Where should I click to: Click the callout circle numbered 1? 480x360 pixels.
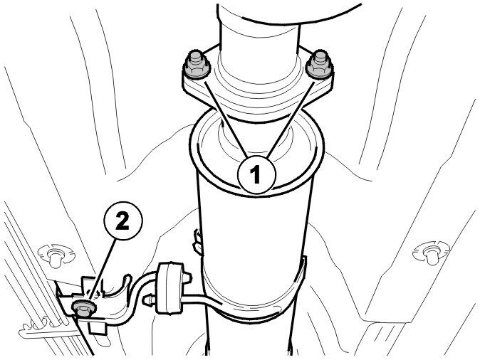pyautogui.click(x=257, y=175)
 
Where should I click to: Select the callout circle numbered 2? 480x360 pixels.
pyautogui.click(x=123, y=221)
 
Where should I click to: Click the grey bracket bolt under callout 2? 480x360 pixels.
pyautogui.click(x=83, y=307)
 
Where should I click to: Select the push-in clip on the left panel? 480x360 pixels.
pyautogui.click(x=56, y=255)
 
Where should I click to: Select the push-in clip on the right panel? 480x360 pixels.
pyautogui.click(x=431, y=253)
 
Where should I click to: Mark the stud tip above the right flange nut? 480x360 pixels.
pyautogui.click(x=320, y=56)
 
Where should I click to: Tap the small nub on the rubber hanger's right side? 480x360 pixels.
pyautogui.click(x=187, y=277)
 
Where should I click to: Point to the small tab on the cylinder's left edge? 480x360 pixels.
pyautogui.click(x=198, y=242)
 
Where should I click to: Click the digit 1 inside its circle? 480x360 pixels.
pyautogui.click(x=255, y=174)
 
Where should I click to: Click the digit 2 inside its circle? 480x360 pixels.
pyautogui.click(x=122, y=221)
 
